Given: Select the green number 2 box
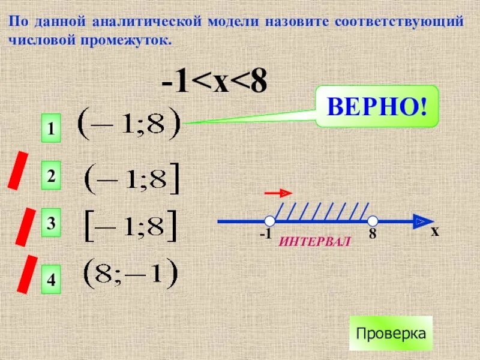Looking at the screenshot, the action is pos(52,177).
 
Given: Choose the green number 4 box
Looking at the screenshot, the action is pos(52,280).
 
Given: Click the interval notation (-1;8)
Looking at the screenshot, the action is pos(130,124).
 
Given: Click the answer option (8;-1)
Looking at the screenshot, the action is pos(130,274).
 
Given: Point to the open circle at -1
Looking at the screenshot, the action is pos(269,221).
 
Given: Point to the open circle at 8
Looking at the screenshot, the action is pos(373,221).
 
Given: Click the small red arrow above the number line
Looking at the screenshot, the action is pos(278,193).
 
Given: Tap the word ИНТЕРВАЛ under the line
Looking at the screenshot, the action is pos(314,241).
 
